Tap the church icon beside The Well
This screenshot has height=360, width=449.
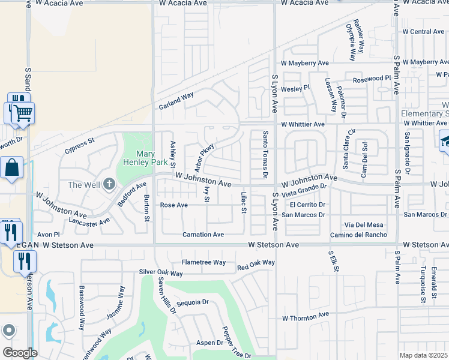109,184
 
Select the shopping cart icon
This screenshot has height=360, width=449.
23,113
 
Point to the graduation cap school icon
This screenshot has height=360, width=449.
445,142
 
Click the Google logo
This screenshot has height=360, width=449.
19,353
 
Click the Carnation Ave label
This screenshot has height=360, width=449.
203,235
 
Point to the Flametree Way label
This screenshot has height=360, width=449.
203,262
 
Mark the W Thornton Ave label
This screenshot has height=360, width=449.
306,316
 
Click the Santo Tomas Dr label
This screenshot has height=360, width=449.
264,155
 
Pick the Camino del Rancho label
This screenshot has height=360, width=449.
359,235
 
